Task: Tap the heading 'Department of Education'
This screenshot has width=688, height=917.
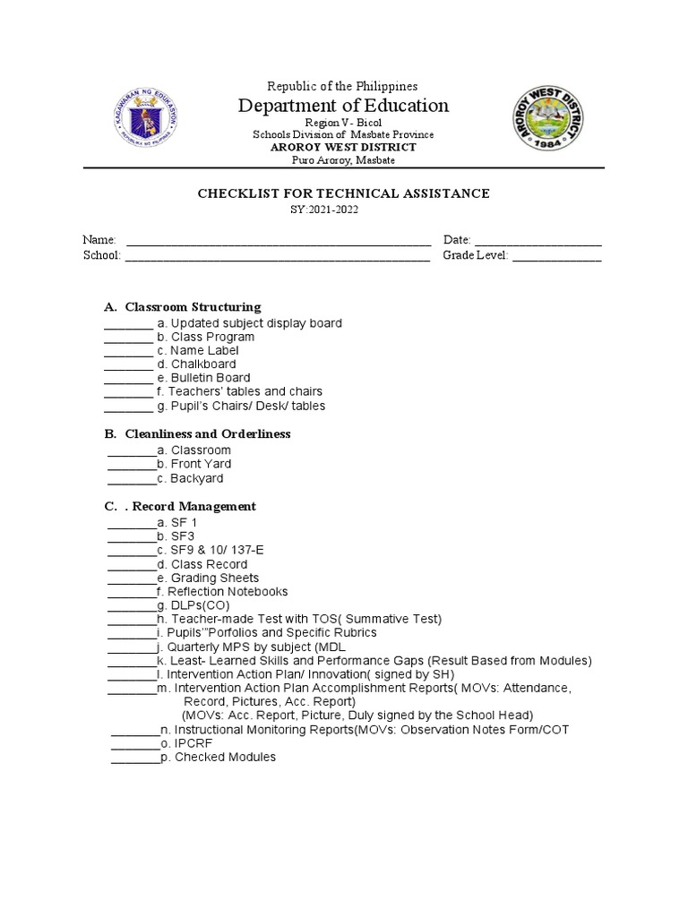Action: tap(343, 106)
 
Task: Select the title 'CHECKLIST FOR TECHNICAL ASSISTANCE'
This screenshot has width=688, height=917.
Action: tap(343, 193)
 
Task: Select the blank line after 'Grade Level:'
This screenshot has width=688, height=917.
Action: tap(556, 257)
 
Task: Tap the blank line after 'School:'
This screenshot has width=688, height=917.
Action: tap(277, 257)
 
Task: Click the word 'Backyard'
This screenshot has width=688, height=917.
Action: tap(197, 478)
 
